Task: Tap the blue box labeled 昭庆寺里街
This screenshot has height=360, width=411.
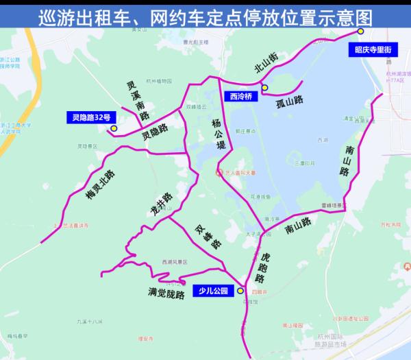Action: click(373, 49)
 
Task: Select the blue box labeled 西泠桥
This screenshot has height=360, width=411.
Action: click(240, 97)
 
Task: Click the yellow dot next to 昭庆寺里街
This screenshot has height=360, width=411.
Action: click(360, 32)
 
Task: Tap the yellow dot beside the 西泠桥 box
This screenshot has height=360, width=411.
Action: click(264, 87)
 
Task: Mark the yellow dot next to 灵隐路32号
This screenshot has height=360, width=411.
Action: click(114, 128)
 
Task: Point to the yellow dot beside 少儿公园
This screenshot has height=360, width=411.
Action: click(240, 291)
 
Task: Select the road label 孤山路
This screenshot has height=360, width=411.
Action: click(288, 99)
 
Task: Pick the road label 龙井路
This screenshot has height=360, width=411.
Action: click(162, 204)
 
